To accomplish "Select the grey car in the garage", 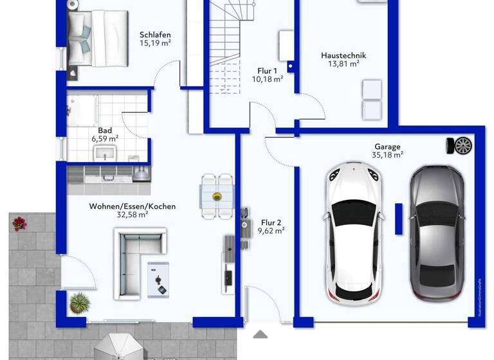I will [x=437, y=233].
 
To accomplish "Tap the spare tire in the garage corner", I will [x=462, y=145].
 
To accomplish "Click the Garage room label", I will [x=387, y=146].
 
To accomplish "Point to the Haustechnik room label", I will [x=340, y=55].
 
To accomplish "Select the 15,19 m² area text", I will [x=155, y=44].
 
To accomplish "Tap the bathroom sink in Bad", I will [x=104, y=154].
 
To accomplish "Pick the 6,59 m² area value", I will [x=104, y=138].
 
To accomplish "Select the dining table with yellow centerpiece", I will [x=217, y=195].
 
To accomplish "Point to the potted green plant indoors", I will [x=80, y=302].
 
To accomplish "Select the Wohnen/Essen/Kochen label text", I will [x=133, y=206].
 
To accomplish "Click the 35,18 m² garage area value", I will [x=387, y=155].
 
